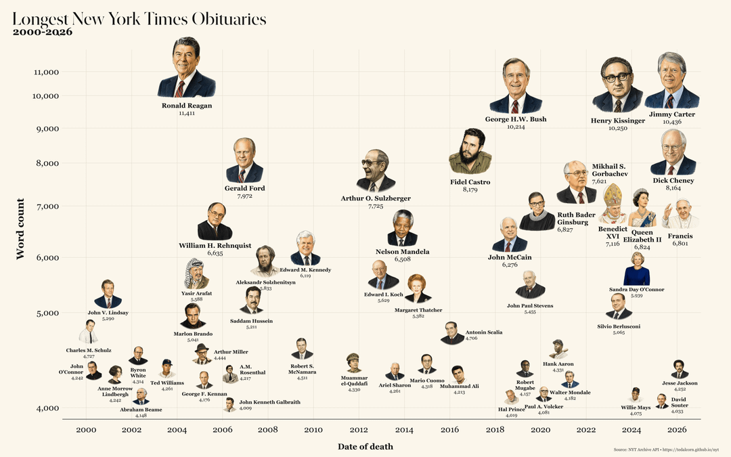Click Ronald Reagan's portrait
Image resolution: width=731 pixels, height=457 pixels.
pyautogui.click(x=186, y=68)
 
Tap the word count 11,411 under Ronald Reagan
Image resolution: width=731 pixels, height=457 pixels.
pyautogui.click(x=187, y=114)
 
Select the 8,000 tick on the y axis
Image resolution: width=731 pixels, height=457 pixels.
pyautogui.click(x=46, y=163)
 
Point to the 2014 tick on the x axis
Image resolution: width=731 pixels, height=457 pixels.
pyautogui.click(x=404, y=430)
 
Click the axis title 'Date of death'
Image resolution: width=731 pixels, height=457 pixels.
pyautogui.click(x=365, y=446)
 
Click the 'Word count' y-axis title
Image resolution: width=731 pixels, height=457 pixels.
pyautogui.click(x=21, y=229)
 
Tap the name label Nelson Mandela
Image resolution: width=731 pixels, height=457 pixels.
pyautogui.click(x=402, y=252)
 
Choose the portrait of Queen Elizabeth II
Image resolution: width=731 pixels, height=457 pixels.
pyautogui.click(x=642, y=209)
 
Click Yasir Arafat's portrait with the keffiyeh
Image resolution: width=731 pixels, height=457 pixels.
pyautogui.click(x=196, y=274)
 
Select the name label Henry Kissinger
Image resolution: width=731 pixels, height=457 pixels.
pyautogui.click(x=617, y=121)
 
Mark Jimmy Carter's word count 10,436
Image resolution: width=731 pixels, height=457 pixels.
pyautogui.click(x=671, y=122)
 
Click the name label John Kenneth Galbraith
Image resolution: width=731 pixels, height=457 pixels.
pyautogui.click(x=269, y=402)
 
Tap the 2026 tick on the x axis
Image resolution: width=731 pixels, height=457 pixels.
pyautogui.click(x=677, y=430)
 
